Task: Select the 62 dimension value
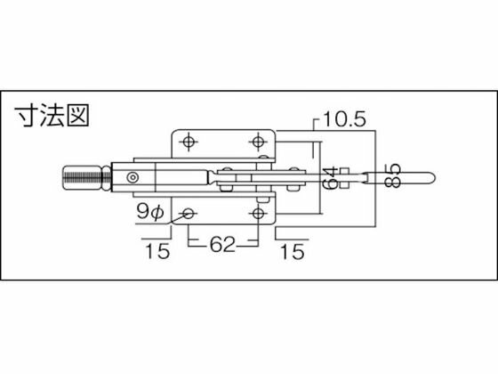(223, 242)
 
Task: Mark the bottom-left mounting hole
(189, 213)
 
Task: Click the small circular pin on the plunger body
(133, 175)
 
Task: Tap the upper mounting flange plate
(223, 142)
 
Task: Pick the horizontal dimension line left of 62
(201, 242)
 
